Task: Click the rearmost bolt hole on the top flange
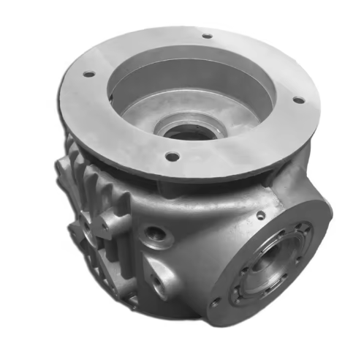[x=207, y=35]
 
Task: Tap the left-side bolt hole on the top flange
[x=88, y=74]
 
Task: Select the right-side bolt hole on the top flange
[x=297, y=100]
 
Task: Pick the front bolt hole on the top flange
[x=172, y=156]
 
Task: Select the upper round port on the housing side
[x=155, y=235]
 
